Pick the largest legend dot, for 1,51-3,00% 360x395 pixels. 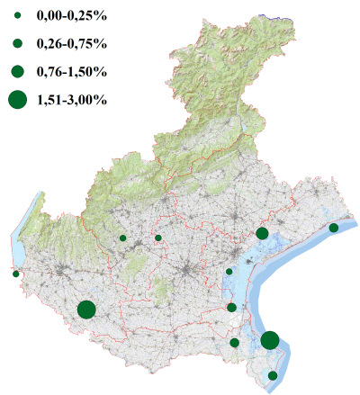click(x=17, y=99)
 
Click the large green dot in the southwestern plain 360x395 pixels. click(x=86, y=310)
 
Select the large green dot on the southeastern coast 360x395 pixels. click(x=270, y=340)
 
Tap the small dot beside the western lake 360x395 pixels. click(x=15, y=274)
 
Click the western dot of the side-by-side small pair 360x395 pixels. click(x=122, y=238)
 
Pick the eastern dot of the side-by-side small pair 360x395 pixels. click(x=158, y=238)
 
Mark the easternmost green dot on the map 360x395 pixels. click(x=333, y=228)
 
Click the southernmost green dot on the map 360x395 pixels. click(x=273, y=375)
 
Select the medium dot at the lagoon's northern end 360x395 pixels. click(x=262, y=233)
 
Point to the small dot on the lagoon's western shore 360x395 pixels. click(x=229, y=272)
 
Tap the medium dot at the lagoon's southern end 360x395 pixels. click(x=232, y=308)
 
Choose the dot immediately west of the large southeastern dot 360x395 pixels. click(x=234, y=342)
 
